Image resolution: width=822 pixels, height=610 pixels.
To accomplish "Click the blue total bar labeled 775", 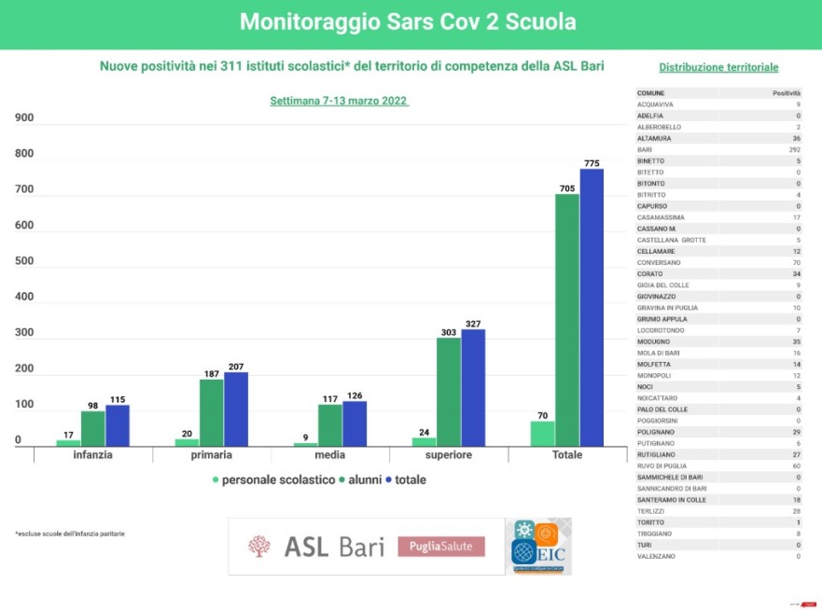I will pos(591,308).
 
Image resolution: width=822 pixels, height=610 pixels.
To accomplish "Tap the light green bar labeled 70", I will pos(542,434).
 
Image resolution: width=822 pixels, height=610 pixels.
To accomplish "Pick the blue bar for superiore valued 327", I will pos(472,387).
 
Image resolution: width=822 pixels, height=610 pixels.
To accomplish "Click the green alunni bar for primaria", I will pos(211,412).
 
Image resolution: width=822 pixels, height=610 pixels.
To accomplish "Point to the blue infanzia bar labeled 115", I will pos(117,425).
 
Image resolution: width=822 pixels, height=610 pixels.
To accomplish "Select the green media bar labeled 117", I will pos(329,424).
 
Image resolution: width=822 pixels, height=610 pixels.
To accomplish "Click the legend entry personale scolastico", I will pos(275,479).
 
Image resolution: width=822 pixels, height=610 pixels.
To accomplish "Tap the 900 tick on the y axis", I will pos(24,118).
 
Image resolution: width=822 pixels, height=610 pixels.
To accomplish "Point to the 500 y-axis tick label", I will pos(24,261).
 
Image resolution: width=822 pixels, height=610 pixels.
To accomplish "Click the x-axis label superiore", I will pos(448,455).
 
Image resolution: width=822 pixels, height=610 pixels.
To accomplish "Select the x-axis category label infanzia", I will pos(93,455).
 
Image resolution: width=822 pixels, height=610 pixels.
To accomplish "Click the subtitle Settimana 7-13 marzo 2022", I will pos(340,100).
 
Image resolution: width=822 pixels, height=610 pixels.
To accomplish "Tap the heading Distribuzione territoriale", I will pos(718,67).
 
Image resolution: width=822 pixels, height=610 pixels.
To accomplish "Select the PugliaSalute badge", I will pos(441,547).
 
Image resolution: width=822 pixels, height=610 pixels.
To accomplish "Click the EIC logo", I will pos(540,547).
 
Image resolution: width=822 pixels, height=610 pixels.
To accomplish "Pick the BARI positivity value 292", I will pos(793,149).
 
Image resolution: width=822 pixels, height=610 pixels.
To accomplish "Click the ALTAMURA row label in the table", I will pos(654,138).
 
